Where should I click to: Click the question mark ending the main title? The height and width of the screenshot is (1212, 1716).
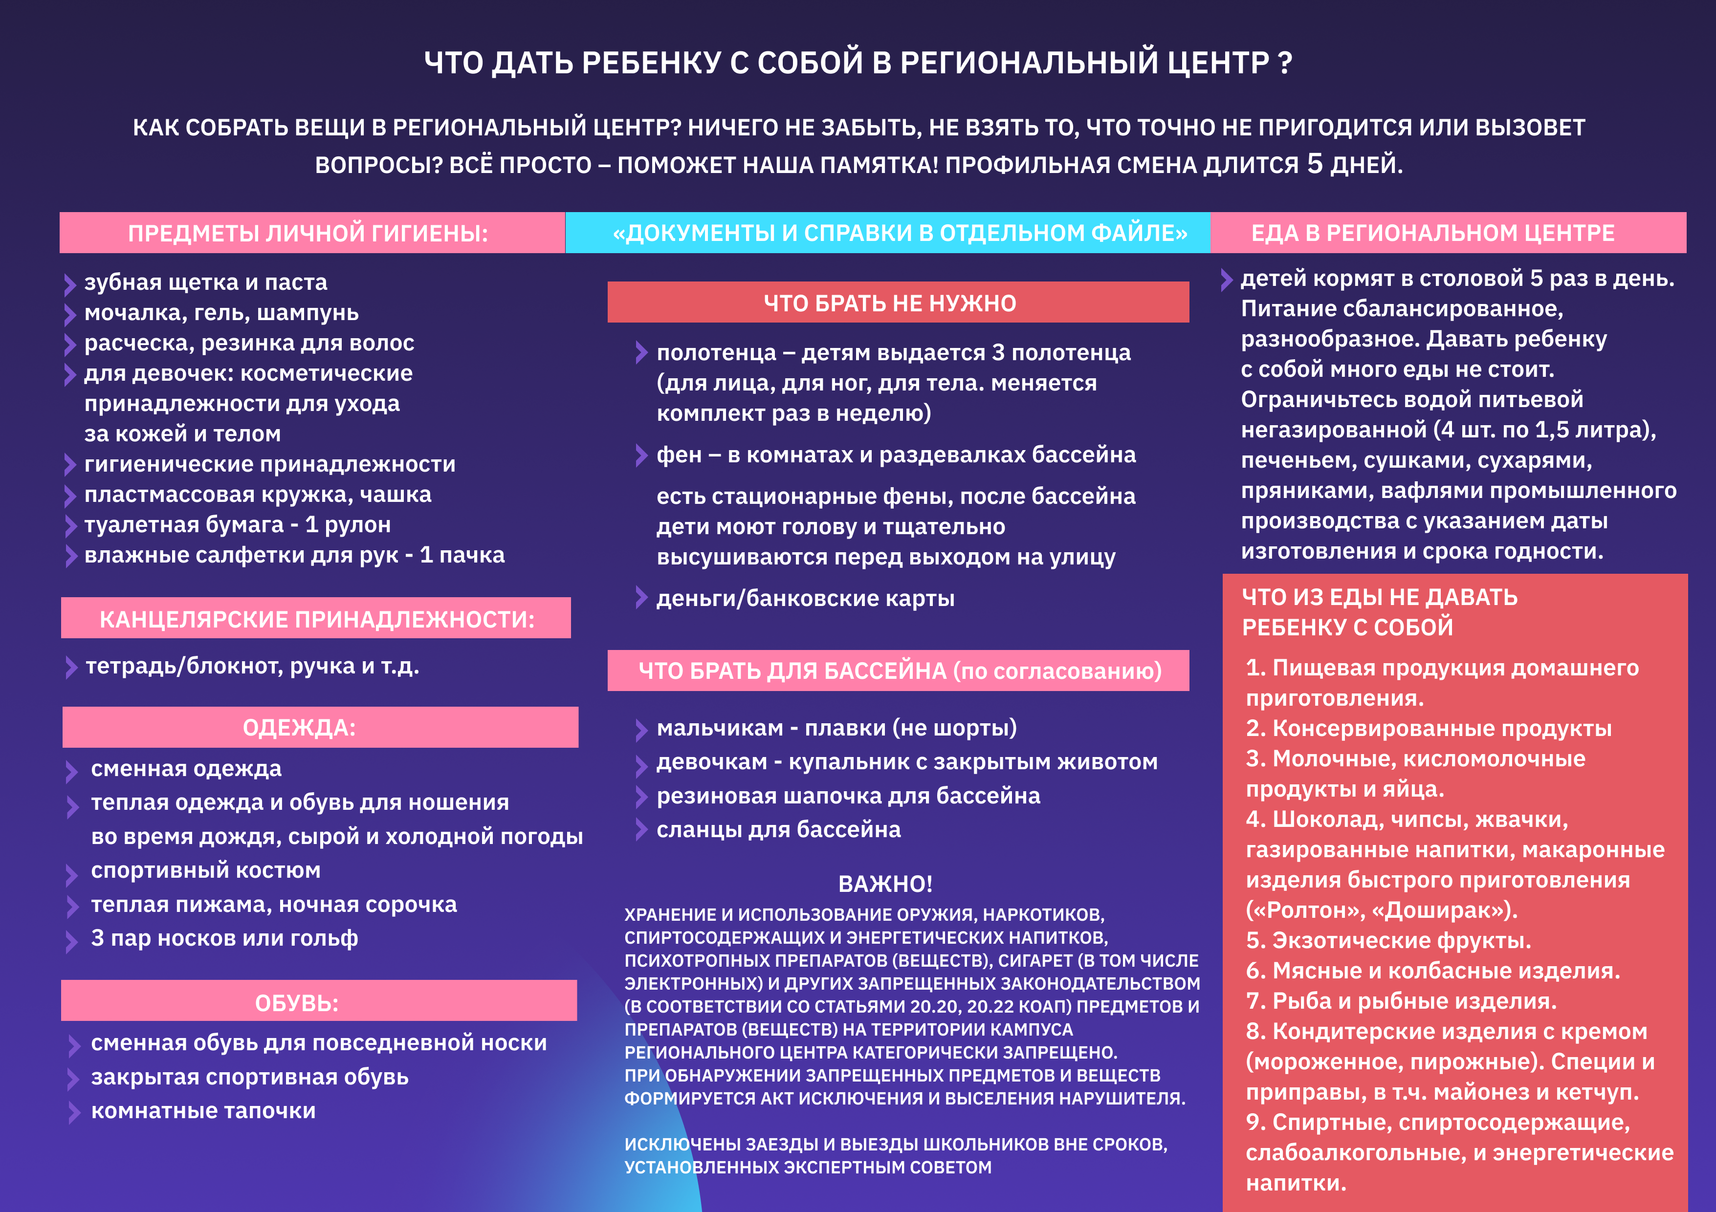pos(1285,63)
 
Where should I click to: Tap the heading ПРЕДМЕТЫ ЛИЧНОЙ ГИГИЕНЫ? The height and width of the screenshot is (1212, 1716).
pos(308,233)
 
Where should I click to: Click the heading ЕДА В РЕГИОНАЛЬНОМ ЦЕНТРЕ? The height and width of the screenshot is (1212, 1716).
pos(1433,233)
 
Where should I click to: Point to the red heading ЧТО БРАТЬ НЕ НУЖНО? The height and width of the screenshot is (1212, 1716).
pos(889,303)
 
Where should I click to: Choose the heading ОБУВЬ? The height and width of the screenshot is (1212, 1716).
pos(297,1003)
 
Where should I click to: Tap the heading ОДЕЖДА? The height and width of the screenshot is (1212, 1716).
pos(299,727)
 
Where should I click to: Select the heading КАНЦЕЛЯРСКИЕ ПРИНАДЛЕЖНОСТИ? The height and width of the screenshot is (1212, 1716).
pos(317,619)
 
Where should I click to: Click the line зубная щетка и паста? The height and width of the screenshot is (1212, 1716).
pos(205,282)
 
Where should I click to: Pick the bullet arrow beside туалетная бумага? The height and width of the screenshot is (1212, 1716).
pos(70,526)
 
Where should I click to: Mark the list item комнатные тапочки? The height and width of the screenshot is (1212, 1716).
pos(203,1111)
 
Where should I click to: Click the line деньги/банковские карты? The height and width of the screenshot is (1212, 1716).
pos(805,599)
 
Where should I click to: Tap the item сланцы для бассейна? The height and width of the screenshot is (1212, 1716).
pos(778,829)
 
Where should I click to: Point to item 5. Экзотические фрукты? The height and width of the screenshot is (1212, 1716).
pos(1388,940)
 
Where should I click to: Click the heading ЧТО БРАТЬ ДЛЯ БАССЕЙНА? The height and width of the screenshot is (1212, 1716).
pos(899,670)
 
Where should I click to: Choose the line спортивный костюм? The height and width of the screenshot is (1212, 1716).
pos(205,870)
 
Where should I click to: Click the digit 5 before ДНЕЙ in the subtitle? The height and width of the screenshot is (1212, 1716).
pos(1315,164)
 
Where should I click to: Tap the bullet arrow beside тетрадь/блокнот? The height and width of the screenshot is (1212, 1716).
pos(71,667)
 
